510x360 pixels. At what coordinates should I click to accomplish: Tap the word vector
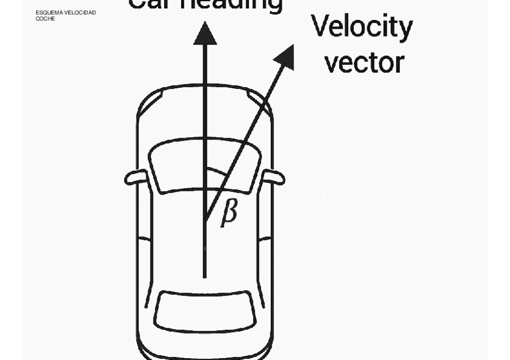point(364,62)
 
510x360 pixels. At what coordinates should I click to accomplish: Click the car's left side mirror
point(136,177)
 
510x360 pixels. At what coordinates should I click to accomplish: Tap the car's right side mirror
point(274,177)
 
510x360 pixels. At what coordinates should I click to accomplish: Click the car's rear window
point(205,310)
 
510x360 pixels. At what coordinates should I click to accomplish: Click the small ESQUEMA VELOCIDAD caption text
point(66,13)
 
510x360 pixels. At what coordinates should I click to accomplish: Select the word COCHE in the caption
point(45,19)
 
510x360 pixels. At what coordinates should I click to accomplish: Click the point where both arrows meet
point(205,220)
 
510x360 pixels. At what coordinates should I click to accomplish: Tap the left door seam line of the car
point(144,239)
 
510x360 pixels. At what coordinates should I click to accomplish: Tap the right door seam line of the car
point(265,239)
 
